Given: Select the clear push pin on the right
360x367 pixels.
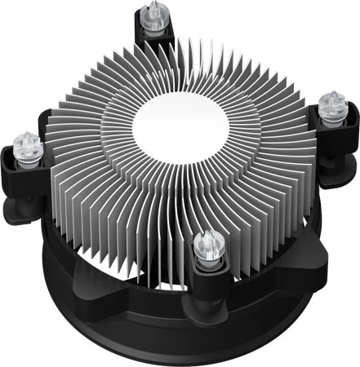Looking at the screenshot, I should [x=331, y=105].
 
